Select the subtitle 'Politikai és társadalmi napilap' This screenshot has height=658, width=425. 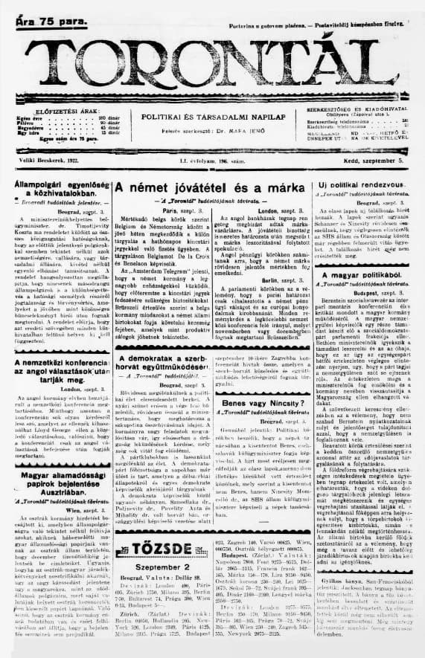tap(204, 117)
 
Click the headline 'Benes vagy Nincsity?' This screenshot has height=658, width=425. tap(256, 404)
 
